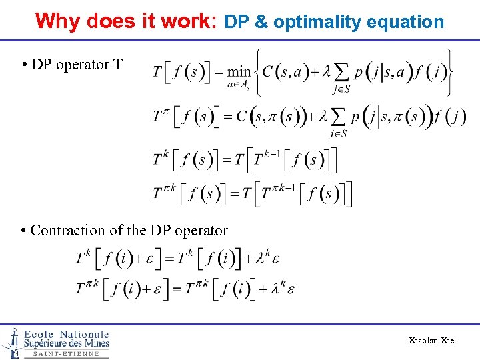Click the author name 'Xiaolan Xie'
click(x=431, y=341)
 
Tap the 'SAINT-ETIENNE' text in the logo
click(x=66, y=354)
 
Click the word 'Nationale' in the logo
click(x=83, y=334)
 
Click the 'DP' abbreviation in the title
click(x=237, y=22)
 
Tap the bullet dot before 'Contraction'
click(x=23, y=231)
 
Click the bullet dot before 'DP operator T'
click(x=23, y=65)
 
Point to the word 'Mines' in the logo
click(x=94, y=343)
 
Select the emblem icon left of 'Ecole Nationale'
click(x=11, y=343)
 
